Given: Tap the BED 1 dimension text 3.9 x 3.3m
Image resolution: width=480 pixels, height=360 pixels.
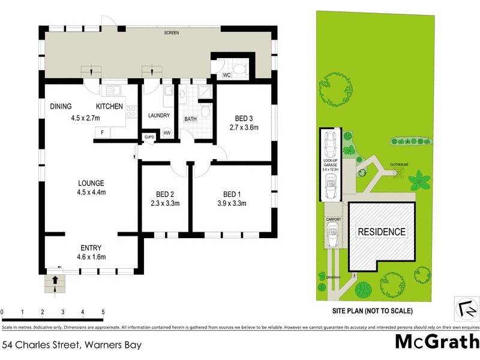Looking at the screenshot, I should click(x=231, y=203).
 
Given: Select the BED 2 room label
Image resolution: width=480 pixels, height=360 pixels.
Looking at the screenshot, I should click(x=164, y=194).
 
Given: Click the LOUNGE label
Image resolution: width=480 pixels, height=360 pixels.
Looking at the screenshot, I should click(x=91, y=183).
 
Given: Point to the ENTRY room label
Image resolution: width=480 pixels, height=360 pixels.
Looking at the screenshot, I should click(x=91, y=248).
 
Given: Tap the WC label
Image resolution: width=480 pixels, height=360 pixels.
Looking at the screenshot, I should click(x=227, y=76).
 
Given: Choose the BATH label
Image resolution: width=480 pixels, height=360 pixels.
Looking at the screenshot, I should click(x=190, y=119).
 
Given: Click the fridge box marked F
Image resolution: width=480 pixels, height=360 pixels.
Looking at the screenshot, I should click(x=103, y=132).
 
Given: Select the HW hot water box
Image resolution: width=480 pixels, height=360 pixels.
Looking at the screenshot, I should click(x=167, y=133).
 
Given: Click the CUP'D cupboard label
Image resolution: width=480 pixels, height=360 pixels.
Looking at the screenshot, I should click(x=149, y=137).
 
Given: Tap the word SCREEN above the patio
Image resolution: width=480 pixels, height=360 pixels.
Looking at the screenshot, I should click(x=172, y=34).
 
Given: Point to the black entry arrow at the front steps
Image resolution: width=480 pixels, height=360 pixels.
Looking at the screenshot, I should click(x=55, y=280).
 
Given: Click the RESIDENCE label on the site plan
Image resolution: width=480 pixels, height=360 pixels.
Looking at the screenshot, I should click(x=382, y=232).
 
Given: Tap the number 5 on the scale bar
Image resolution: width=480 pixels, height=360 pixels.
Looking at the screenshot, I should click(x=103, y=313).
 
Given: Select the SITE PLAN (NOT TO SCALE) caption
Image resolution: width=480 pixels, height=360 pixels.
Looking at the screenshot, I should click(x=373, y=311).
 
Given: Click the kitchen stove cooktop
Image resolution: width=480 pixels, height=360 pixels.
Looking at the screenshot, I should click(x=131, y=110).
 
